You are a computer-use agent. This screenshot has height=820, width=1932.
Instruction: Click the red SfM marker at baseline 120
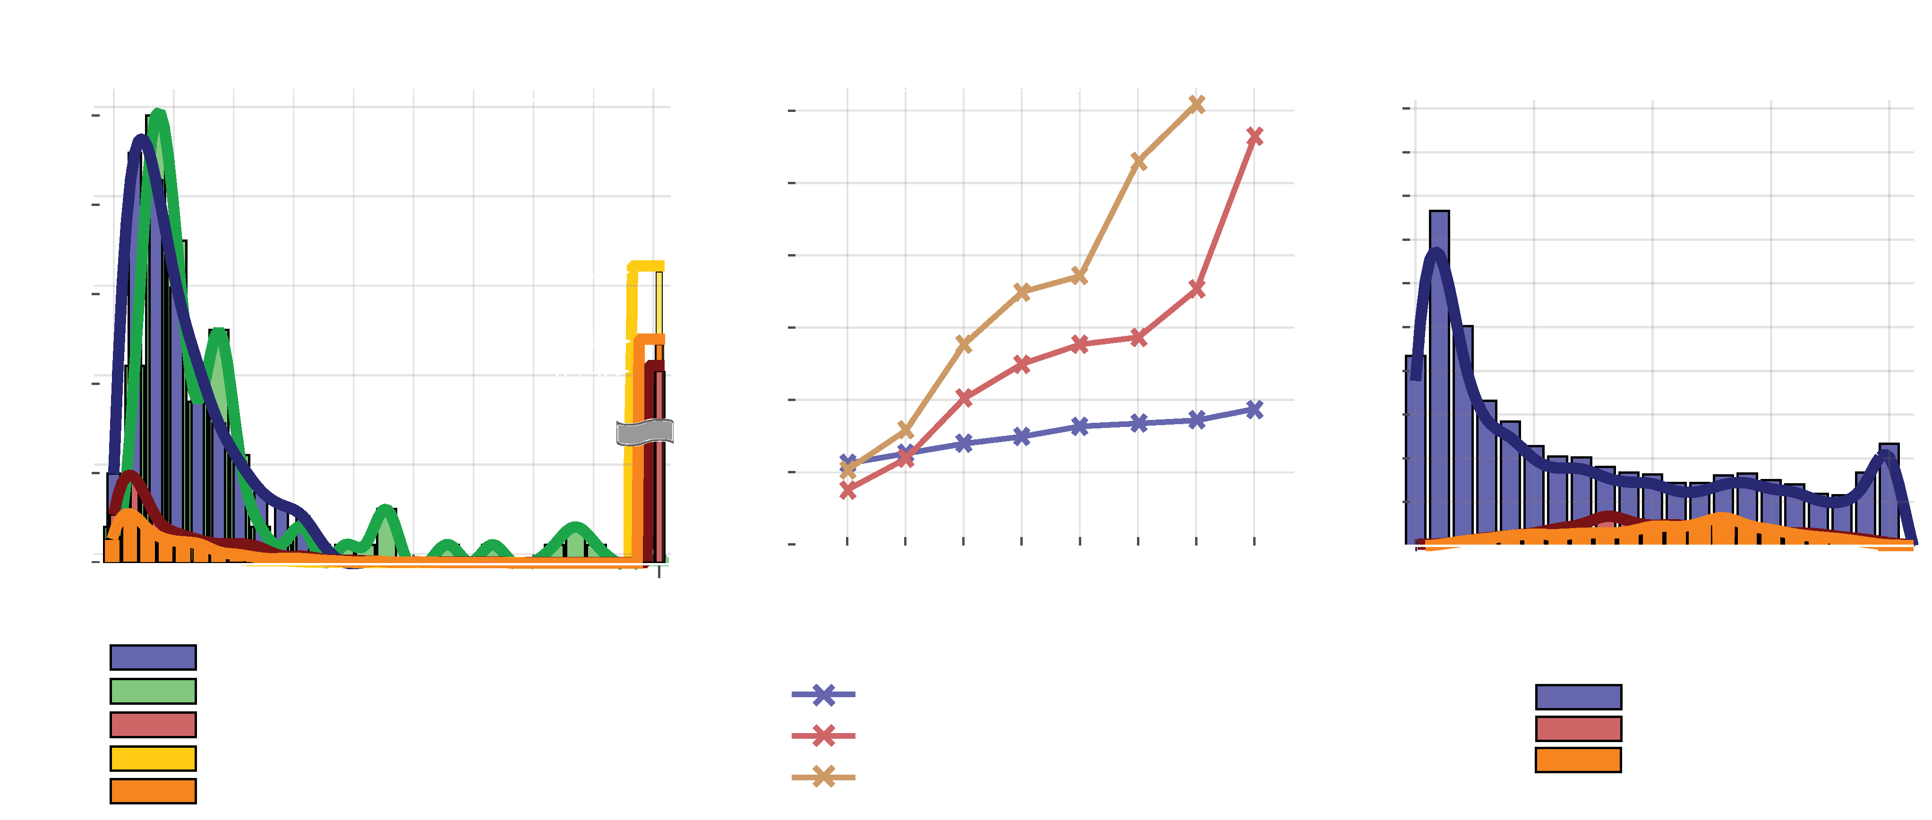pos(1254,136)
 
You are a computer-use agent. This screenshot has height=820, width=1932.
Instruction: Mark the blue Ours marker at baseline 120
pos(1254,410)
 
